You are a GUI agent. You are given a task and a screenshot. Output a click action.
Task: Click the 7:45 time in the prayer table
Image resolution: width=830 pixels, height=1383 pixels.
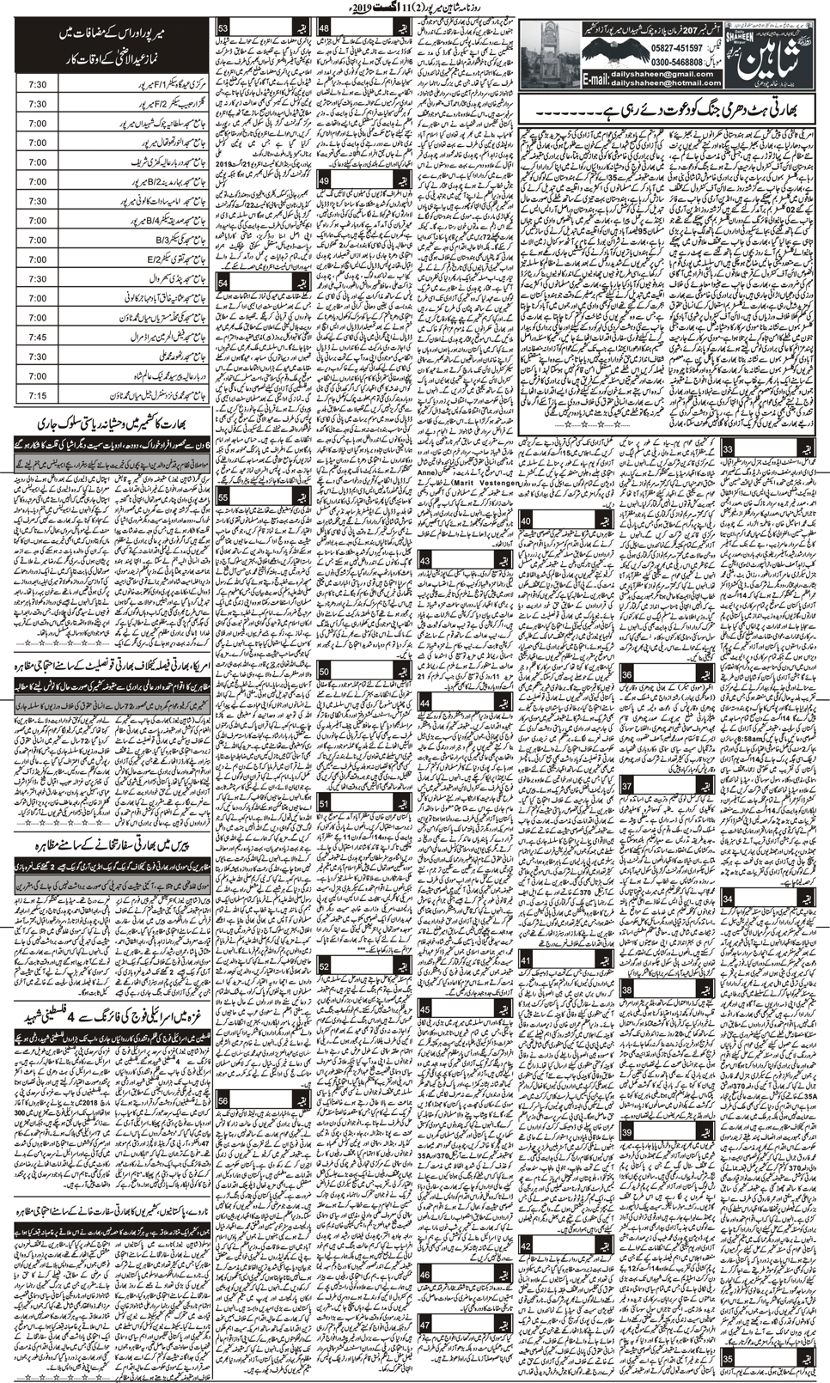click(x=37, y=337)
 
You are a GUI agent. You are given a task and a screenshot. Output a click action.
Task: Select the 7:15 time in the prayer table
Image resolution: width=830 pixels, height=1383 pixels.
click(x=37, y=395)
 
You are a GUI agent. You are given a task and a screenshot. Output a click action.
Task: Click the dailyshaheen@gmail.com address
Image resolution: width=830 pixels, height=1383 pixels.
click(x=651, y=74)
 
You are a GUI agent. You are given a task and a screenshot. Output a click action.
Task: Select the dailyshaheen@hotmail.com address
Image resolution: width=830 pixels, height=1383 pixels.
click(x=651, y=83)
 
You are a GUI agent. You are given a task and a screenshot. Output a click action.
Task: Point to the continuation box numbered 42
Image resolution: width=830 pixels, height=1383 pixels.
click(x=527, y=1246)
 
